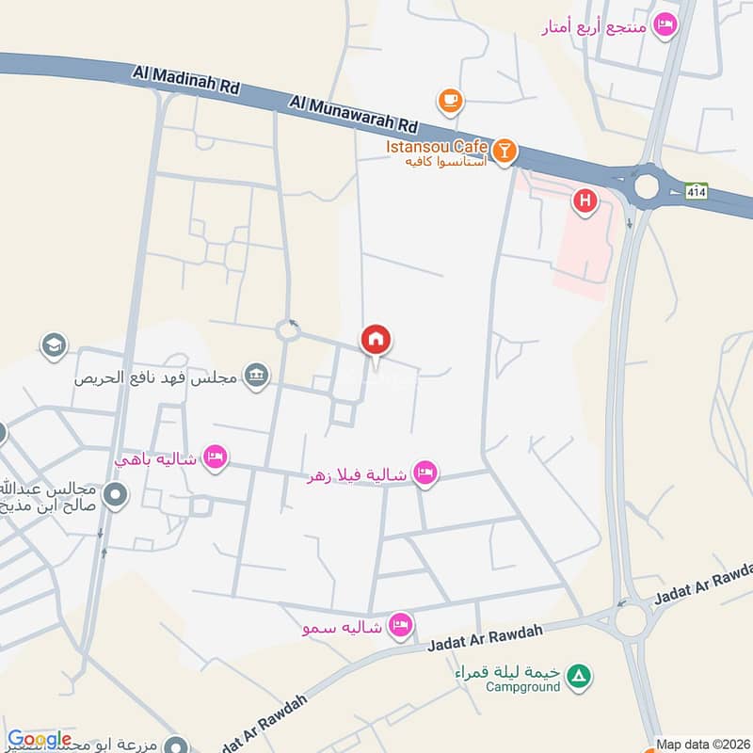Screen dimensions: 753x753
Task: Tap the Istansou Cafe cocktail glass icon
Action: (x=505, y=151)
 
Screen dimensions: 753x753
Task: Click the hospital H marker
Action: (x=585, y=200)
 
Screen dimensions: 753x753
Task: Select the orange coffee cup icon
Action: (x=451, y=99)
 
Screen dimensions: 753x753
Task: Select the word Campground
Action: (x=522, y=687)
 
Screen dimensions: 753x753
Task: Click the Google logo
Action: (x=39, y=740)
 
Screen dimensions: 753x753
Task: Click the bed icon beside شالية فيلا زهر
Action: (x=425, y=473)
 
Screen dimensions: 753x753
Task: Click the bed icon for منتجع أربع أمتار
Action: (x=665, y=25)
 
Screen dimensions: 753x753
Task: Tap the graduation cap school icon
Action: (x=54, y=345)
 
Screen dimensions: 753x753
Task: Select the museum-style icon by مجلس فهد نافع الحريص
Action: (x=255, y=377)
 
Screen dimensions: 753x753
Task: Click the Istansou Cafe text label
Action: (x=435, y=148)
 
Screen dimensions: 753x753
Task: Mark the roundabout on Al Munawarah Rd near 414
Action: (x=647, y=186)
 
